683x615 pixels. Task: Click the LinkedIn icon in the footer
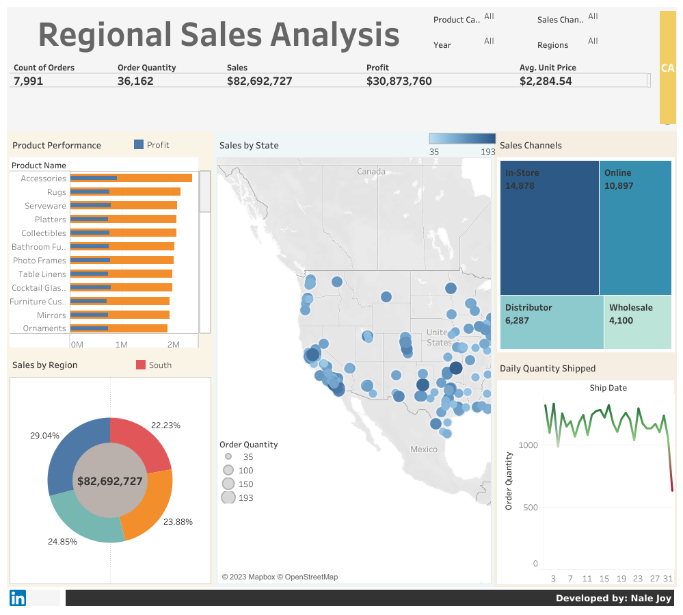[x=18, y=598]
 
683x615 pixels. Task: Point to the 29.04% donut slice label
[x=44, y=435]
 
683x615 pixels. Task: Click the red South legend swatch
[x=141, y=365]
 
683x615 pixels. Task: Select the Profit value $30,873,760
[x=399, y=81]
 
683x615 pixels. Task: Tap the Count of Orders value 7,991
[x=29, y=81]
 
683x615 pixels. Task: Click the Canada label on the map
[x=371, y=171]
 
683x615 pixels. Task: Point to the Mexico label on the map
[x=423, y=449]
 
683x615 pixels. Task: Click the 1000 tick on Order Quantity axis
[x=528, y=445]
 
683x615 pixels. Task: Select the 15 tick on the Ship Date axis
[x=604, y=578]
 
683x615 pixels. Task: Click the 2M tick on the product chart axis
[x=174, y=343]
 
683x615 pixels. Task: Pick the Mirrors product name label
[x=51, y=315]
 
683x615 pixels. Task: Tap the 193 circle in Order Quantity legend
[x=228, y=497]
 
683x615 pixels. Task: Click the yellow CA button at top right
[x=667, y=68]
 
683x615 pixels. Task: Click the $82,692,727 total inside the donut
[x=109, y=481]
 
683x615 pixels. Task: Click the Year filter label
[x=442, y=45]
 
